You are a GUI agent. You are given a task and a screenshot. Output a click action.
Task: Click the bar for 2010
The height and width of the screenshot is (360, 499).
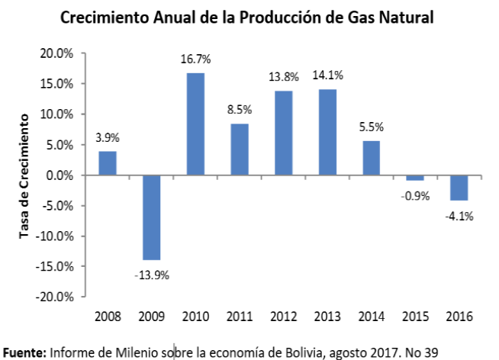coord(195,124)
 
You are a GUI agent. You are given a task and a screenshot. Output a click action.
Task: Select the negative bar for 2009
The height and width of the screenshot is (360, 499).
coord(151,217)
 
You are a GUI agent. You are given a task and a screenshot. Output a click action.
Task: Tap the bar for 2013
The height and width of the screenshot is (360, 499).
coord(327,132)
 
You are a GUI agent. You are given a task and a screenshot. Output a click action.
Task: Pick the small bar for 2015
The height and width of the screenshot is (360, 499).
coord(415,178)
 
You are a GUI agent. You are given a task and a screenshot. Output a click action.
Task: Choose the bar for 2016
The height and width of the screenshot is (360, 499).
coord(459,188)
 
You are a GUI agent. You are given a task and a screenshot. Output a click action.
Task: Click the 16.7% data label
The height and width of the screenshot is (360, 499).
coord(195,59)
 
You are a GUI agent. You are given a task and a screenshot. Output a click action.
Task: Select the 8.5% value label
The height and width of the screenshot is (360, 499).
coord(239,109)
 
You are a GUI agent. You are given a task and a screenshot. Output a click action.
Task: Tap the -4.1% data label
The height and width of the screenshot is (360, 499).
coord(459,215)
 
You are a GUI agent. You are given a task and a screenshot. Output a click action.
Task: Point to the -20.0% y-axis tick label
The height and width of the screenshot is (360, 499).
coord(55,297)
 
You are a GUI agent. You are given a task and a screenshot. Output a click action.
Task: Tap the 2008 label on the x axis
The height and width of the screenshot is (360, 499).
coord(108,315)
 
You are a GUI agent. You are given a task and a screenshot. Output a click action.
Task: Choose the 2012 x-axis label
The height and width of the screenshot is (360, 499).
coord(283,315)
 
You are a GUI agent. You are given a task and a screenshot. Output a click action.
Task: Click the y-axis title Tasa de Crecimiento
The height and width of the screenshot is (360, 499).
coord(24,175)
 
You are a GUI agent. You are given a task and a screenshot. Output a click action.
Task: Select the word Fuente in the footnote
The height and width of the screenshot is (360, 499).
coord(23,352)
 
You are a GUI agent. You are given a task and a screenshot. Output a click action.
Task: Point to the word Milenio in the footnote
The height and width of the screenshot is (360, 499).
coord(137,352)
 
